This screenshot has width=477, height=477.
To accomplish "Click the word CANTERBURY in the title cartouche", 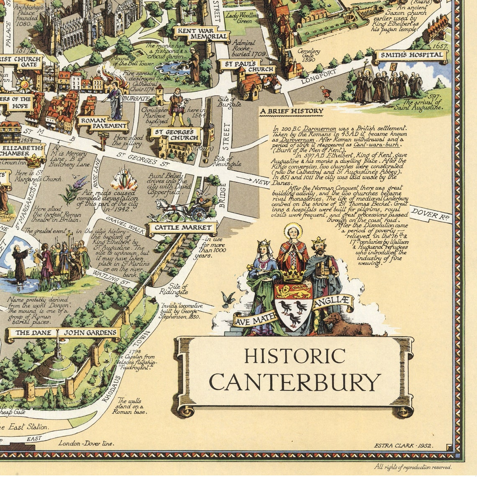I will point(295,382).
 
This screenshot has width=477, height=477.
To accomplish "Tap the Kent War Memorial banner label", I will point(202,33).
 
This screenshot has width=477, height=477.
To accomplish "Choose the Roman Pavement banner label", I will point(103,122).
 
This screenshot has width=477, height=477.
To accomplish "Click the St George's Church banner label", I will point(175,135).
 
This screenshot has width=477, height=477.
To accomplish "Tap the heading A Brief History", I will point(292,111).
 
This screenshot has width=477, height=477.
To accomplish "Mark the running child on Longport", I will point(326,94).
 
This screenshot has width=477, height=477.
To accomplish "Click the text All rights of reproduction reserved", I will point(413,467).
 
